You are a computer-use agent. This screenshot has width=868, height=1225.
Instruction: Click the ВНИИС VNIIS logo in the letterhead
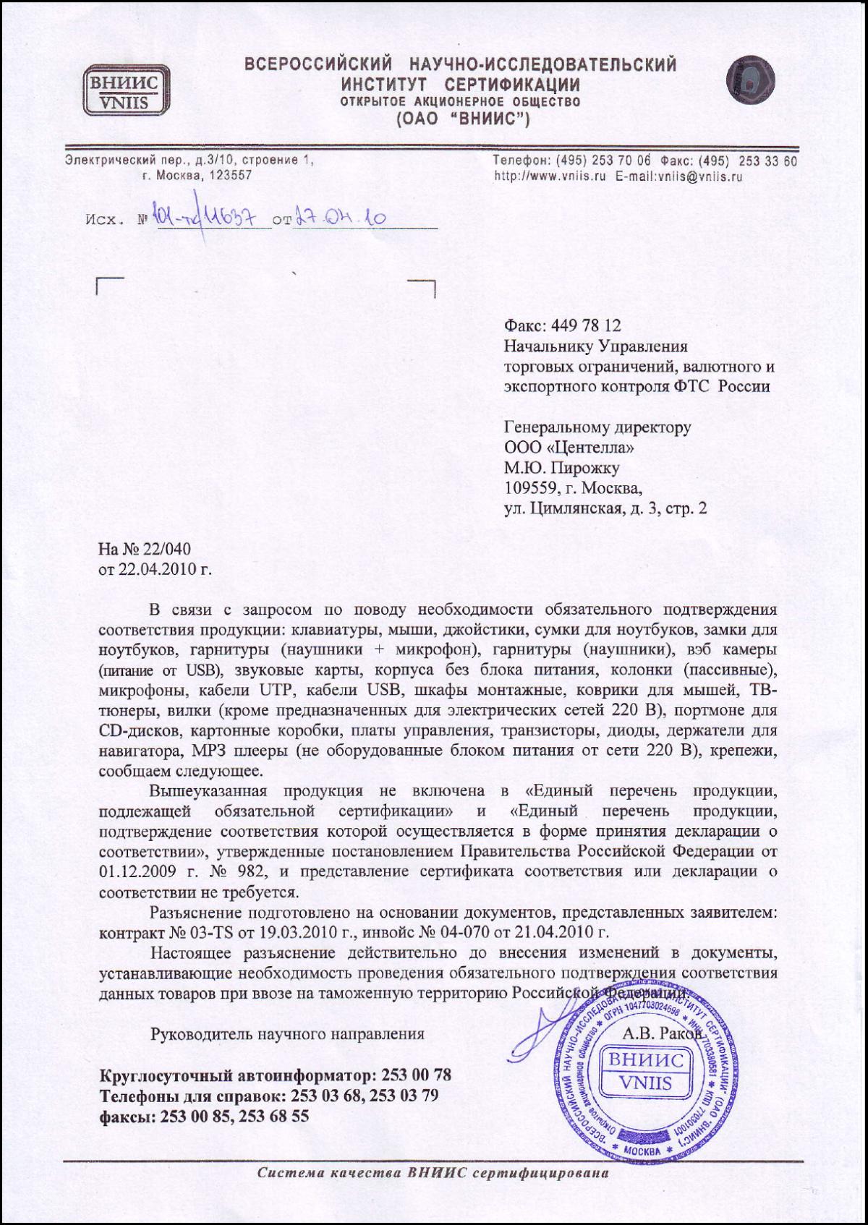[126, 90]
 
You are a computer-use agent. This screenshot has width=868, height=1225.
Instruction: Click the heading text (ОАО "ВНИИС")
[463, 119]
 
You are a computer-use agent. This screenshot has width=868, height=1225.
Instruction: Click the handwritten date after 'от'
[340, 218]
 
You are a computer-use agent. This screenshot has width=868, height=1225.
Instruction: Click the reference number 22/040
[166, 548]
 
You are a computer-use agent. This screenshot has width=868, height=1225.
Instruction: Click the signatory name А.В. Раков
[662, 1034]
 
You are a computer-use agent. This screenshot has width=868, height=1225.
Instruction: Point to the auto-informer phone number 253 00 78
[416, 1075]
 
